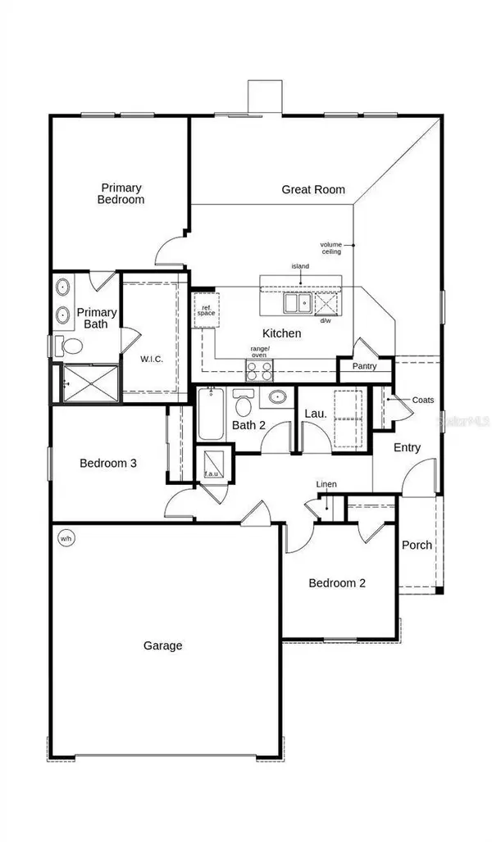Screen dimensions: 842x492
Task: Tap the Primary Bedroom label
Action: coord(121,193)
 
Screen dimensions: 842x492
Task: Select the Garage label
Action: coord(162,645)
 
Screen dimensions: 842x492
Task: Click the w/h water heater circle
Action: coord(65,538)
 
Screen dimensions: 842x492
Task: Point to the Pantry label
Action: coord(364,366)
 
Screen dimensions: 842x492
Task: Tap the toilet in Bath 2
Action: coord(243,405)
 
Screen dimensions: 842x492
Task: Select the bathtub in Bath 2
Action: coord(209,414)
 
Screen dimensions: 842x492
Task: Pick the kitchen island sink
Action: coord(297,304)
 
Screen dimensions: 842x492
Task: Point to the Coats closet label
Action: coord(423,400)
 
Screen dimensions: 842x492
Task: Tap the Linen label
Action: coord(326,484)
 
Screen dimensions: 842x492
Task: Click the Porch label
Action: coord(417,545)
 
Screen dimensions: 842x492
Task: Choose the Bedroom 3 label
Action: coord(107,463)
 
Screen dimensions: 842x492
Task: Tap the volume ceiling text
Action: coord(331,248)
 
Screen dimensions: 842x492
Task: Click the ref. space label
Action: coord(204,310)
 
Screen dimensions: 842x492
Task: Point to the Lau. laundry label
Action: coord(316,414)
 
